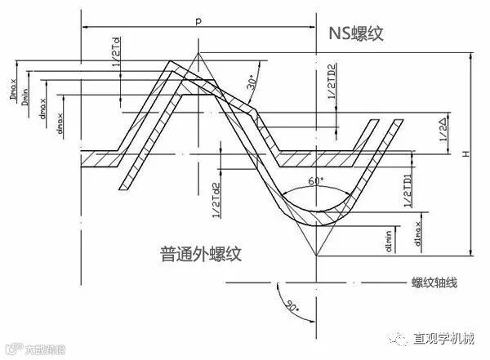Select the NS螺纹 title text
tap(355, 34)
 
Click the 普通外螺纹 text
tap(199, 255)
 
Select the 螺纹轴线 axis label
tap(434, 282)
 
